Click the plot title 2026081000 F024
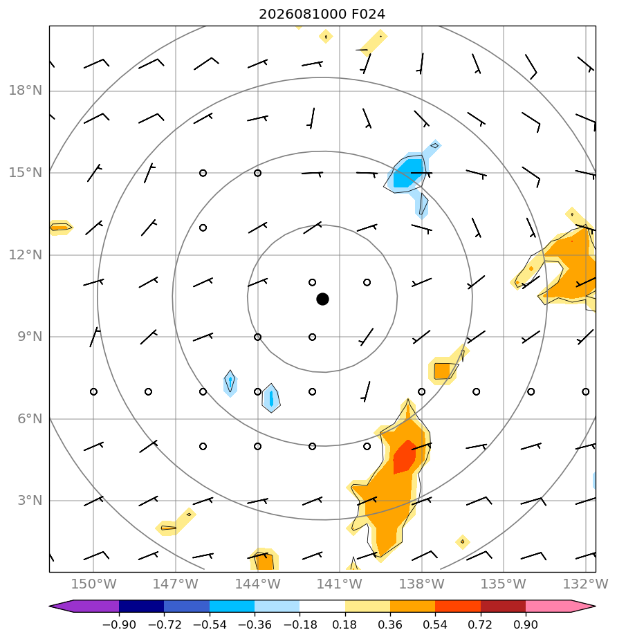(x=322, y=15)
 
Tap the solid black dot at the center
(x=322, y=299)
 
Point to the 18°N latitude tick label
(x=26, y=91)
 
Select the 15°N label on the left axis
(x=26, y=173)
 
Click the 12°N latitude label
(x=26, y=255)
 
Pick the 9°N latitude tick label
(x=30, y=337)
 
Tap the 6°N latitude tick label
(x=30, y=418)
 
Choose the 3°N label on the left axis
(x=30, y=501)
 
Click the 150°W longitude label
(x=94, y=584)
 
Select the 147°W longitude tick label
(x=175, y=584)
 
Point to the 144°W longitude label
(x=257, y=584)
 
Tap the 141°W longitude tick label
(x=340, y=584)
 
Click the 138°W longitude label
(x=421, y=584)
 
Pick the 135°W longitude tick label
(x=504, y=584)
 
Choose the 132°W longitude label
(x=586, y=584)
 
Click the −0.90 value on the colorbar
(x=119, y=624)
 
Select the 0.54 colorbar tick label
(x=435, y=624)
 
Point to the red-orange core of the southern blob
(x=404, y=457)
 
